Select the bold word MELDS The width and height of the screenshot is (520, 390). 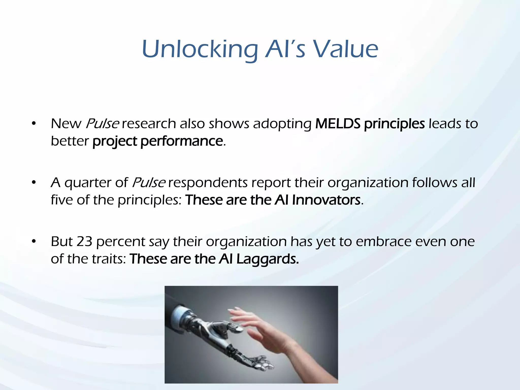click(338, 124)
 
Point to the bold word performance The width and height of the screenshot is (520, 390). click(182, 141)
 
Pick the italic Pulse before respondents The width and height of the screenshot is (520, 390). click(149, 183)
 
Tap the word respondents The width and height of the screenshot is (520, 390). click(208, 183)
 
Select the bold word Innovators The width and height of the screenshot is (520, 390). click(326, 200)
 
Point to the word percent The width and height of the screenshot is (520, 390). click(121, 242)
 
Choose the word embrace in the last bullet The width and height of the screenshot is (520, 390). click(383, 241)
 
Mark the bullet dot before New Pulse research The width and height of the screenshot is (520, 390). click(34, 124)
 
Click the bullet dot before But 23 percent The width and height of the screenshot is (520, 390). click(34, 242)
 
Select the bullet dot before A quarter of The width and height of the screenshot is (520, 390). click(34, 183)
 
